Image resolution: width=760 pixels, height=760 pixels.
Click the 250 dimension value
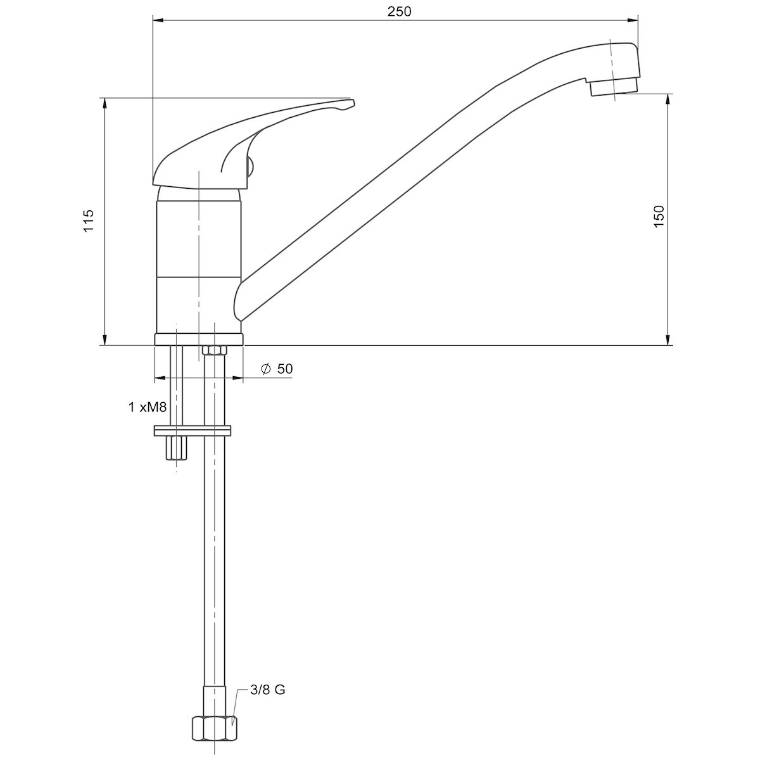click(399, 11)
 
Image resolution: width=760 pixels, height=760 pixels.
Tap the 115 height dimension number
click(89, 221)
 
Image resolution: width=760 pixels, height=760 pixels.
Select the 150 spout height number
click(659, 216)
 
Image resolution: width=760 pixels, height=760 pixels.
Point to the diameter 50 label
click(277, 369)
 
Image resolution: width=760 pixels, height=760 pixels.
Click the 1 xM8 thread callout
click(148, 407)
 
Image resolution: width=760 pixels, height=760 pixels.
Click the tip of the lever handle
click(353, 103)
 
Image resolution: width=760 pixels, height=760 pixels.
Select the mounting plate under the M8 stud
click(192, 431)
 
